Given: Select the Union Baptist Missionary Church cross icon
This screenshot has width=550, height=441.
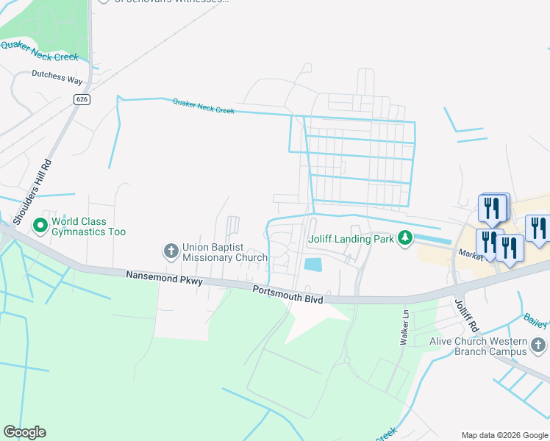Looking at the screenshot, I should coord(171,252).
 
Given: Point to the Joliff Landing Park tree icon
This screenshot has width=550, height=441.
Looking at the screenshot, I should coord(404,237).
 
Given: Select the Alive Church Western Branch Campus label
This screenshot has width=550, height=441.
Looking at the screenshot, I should coord(479,345).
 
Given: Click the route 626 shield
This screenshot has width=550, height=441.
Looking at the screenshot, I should coord(82,98).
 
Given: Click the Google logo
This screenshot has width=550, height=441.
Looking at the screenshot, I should coord(24,431).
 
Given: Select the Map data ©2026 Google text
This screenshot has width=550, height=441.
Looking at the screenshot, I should coord(504,434).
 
